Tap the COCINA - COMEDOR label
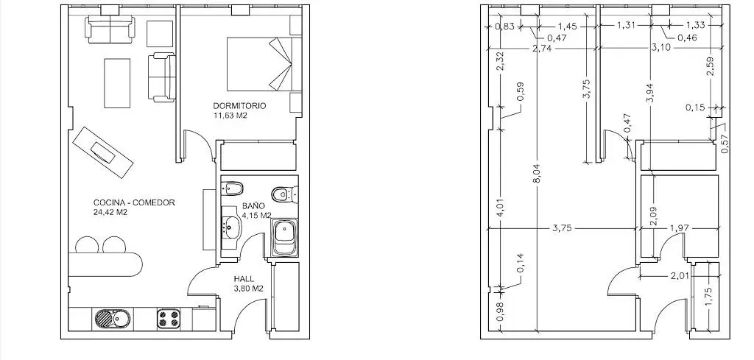(134, 203)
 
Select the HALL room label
(244, 279)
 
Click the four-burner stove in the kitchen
(169, 318)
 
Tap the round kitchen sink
(105, 318)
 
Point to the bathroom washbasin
(230, 226)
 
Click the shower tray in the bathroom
(285, 238)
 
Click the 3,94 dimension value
(651, 91)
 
